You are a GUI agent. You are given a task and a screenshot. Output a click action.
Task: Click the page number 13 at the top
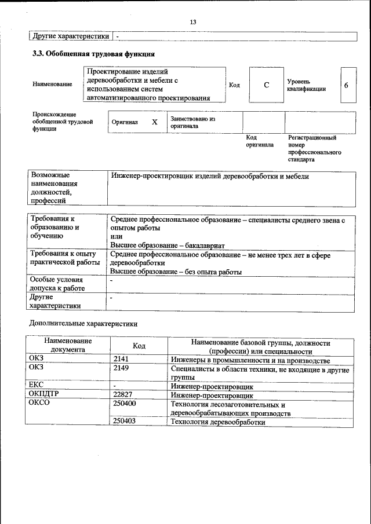point(193,21)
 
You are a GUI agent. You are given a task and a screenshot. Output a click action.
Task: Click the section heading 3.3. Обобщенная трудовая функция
point(93,54)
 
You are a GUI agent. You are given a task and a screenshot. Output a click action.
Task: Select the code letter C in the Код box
point(266,85)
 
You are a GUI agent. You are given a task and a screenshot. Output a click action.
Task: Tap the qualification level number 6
point(346,85)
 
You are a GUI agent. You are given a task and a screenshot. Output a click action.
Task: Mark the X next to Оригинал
point(154,122)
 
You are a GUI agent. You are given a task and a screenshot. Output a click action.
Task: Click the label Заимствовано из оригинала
point(192,122)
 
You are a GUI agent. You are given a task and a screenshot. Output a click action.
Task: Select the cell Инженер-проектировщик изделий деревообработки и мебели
point(209,177)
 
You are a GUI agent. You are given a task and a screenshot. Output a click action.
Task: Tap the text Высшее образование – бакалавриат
point(167,245)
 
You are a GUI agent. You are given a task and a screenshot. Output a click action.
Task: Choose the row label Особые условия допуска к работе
point(57,284)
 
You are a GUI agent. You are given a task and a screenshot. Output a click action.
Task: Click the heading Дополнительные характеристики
point(83,323)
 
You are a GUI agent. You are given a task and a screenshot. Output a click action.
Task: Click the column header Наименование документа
point(67,346)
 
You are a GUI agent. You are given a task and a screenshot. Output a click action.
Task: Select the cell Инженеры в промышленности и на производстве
point(250,360)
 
